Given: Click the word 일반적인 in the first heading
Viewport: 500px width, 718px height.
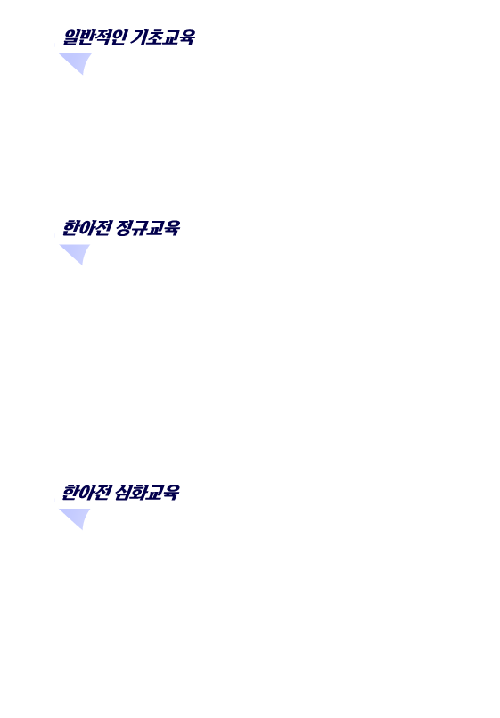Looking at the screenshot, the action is (x=94, y=37).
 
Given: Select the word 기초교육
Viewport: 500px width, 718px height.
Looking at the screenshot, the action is (x=162, y=37).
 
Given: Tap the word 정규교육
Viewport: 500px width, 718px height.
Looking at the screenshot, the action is (x=148, y=228).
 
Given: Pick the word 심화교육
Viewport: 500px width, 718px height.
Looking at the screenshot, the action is (x=147, y=493).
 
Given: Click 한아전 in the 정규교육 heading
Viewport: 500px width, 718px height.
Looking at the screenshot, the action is (x=86, y=228).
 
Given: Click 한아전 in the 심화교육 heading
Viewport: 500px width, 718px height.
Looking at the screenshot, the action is (x=86, y=493).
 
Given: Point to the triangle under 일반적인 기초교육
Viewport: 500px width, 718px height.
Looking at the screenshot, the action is (x=77, y=61).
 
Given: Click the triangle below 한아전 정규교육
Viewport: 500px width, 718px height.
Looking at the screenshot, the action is (x=76, y=252).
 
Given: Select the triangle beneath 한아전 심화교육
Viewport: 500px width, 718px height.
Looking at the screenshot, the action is (x=76, y=517).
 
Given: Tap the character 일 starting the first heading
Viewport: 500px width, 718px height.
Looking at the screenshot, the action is (x=70, y=37).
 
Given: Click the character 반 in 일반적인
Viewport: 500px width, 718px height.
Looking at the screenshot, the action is (x=86, y=37).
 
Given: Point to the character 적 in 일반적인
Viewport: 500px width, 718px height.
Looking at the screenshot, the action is (x=102, y=37).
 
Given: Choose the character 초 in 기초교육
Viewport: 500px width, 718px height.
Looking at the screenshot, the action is (x=154, y=37).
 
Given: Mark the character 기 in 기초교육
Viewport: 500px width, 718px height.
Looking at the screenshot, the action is (x=138, y=37).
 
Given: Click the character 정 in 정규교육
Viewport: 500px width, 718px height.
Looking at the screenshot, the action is (x=123, y=228).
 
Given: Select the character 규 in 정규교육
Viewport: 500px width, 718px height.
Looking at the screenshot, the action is (x=139, y=228).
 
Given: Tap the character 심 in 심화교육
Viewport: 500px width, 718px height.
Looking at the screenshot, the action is (x=122, y=493).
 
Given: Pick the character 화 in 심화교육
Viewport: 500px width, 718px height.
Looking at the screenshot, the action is (x=138, y=493).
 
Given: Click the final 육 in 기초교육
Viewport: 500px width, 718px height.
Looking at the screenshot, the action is (x=186, y=37).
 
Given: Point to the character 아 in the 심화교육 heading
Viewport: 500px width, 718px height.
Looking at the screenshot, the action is (x=86, y=493).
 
